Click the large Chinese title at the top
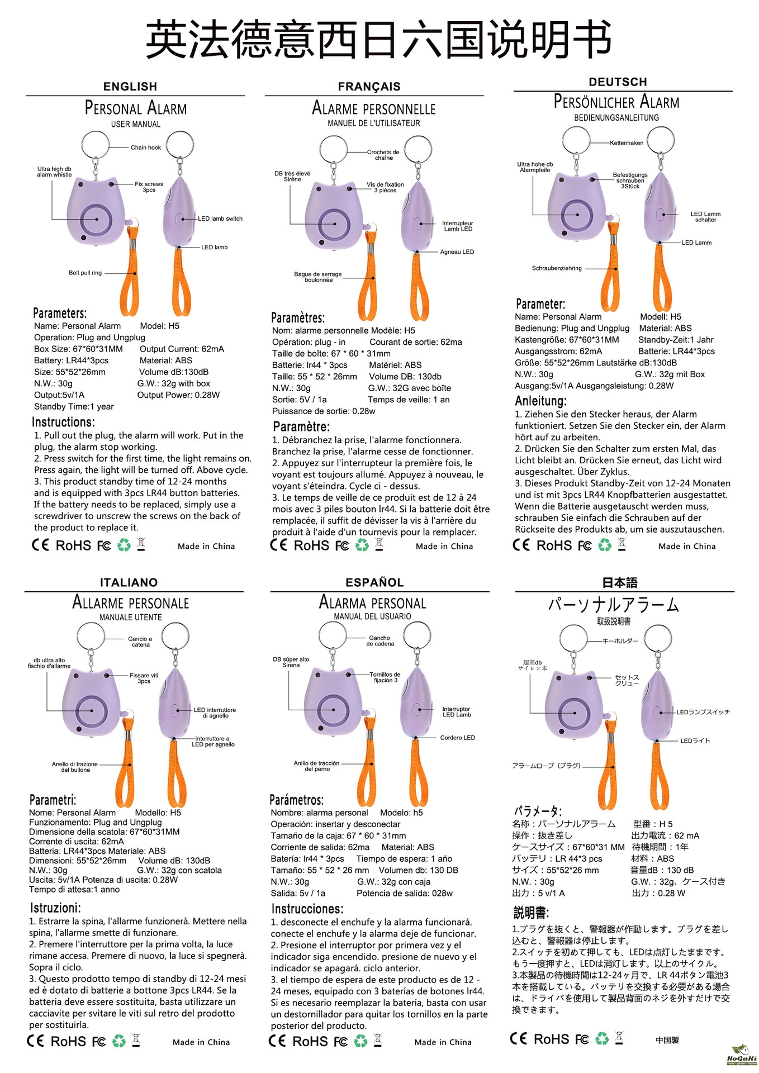pyautogui.click(x=378, y=39)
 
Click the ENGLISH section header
pyautogui.click(x=130, y=87)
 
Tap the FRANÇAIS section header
pyautogui.click(x=369, y=87)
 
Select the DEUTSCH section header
pyautogui.click(x=618, y=82)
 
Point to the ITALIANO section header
pyautogui.click(x=129, y=582)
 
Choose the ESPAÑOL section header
pyautogui.click(x=374, y=582)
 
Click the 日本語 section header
pyautogui.click(x=619, y=583)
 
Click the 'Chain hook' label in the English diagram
pyautogui.click(x=146, y=148)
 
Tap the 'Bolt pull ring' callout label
pyautogui.click(x=85, y=273)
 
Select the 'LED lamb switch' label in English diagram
pyautogui.click(x=220, y=219)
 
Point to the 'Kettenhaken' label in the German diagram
pyautogui.click(x=627, y=143)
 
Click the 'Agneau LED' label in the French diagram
pyautogui.click(x=457, y=252)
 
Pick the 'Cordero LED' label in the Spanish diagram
pyautogui.click(x=457, y=738)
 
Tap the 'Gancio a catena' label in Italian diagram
pyautogui.click(x=140, y=642)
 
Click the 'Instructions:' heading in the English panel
pyautogui.click(x=63, y=422)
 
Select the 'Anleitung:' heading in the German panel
pyautogui.click(x=540, y=401)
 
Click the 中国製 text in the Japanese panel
pyautogui.click(x=667, y=1040)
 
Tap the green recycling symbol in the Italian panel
pyautogui.click(x=118, y=1041)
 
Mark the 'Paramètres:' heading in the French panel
pyautogui.click(x=298, y=318)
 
